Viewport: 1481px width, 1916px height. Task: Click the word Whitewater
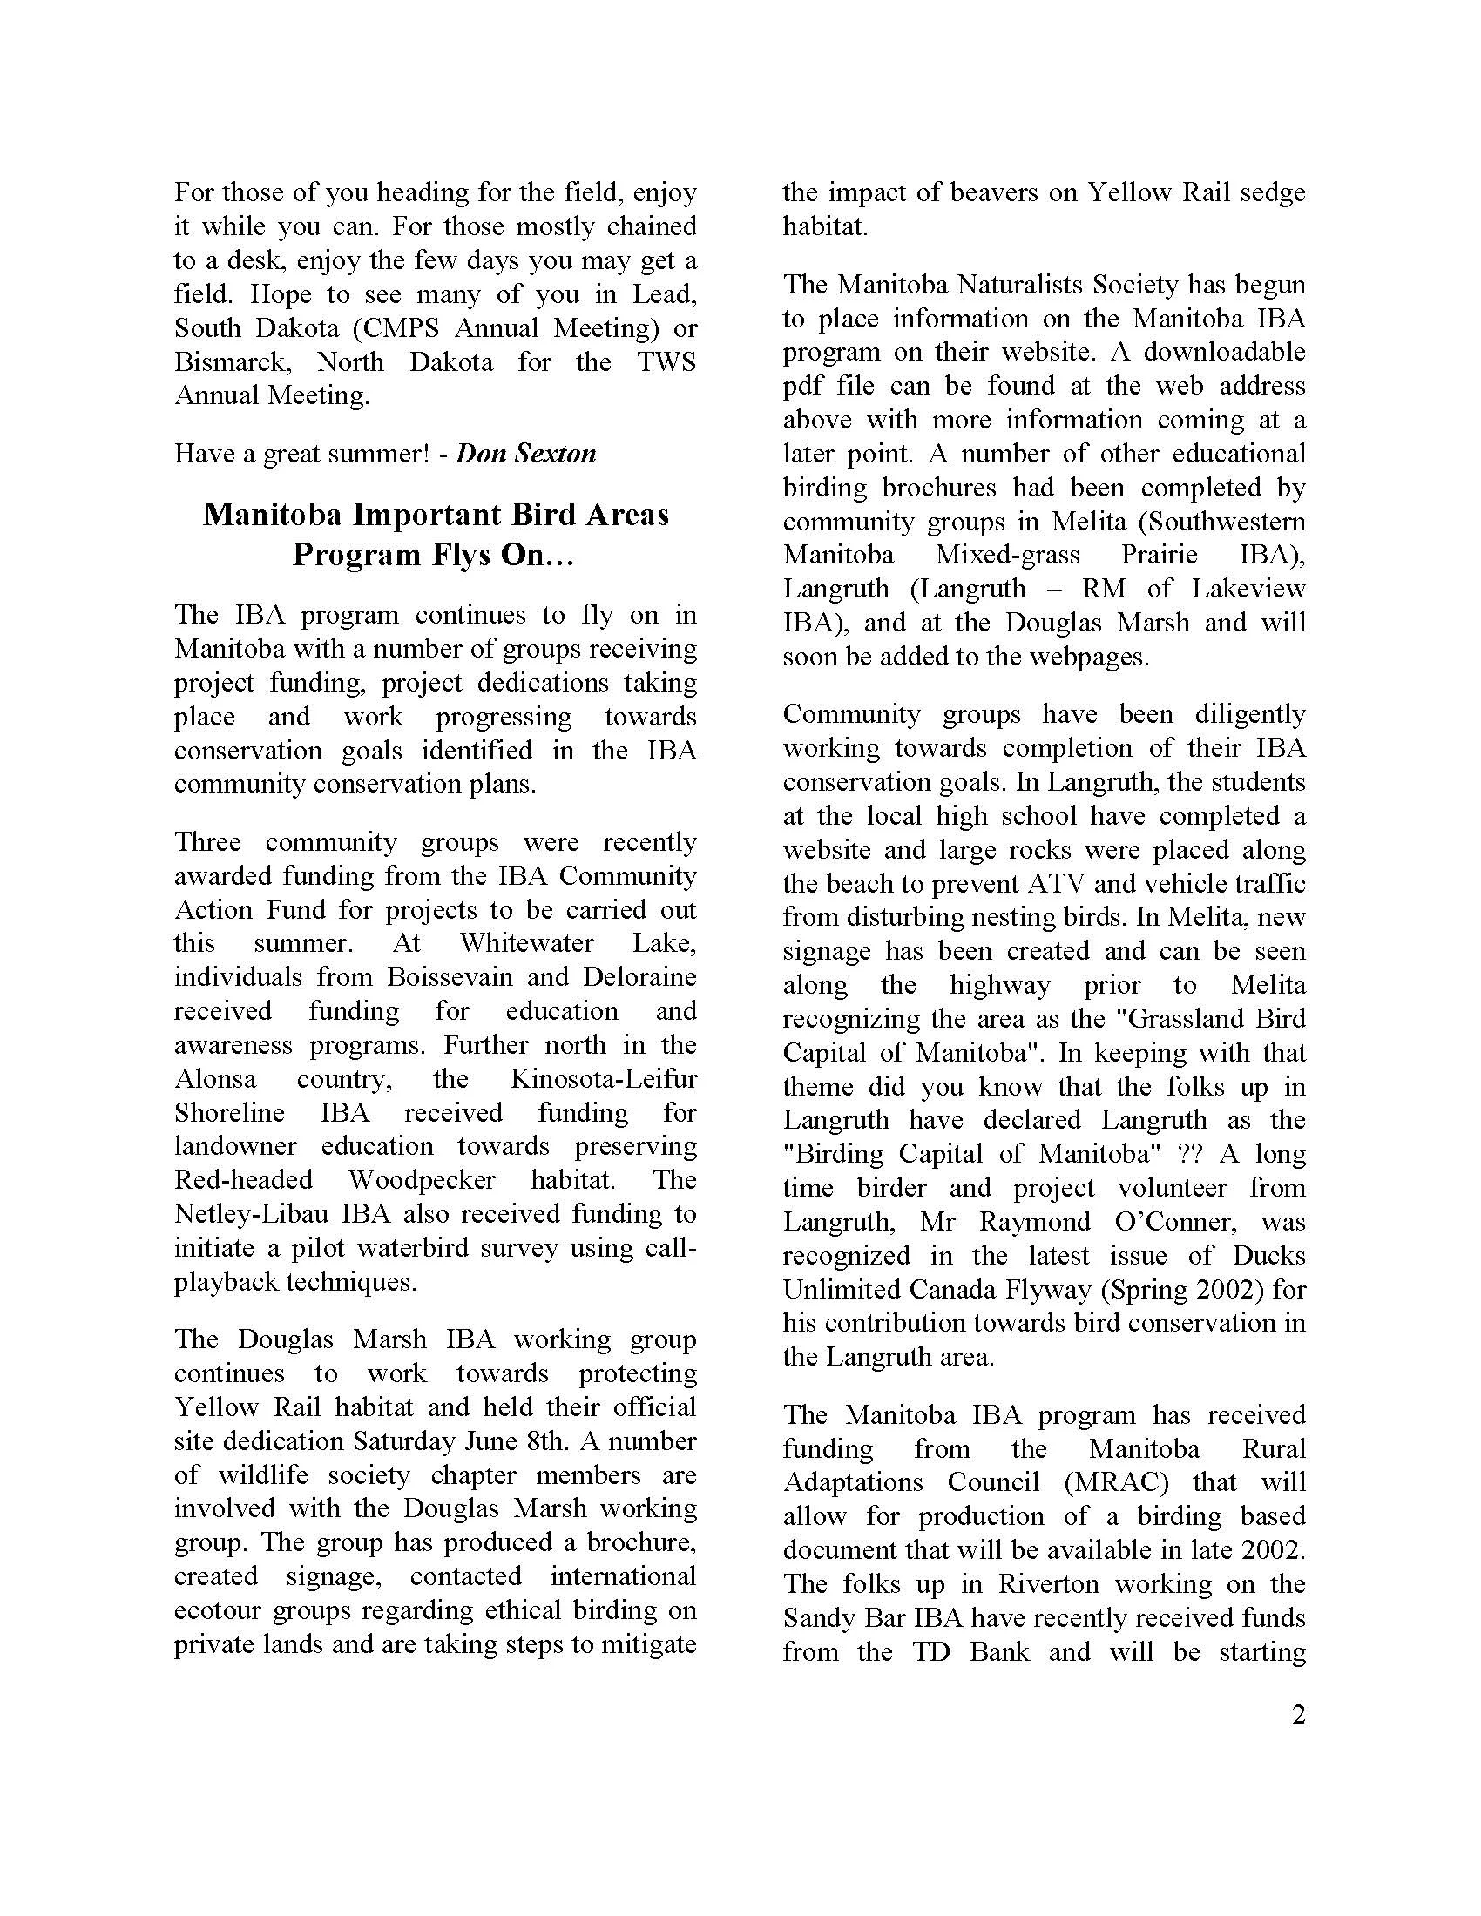click(x=526, y=943)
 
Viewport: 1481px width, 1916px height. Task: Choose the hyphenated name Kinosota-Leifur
click(x=604, y=1078)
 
